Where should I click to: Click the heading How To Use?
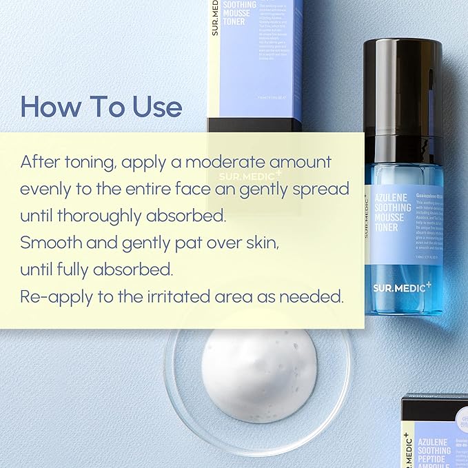click(101, 107)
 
